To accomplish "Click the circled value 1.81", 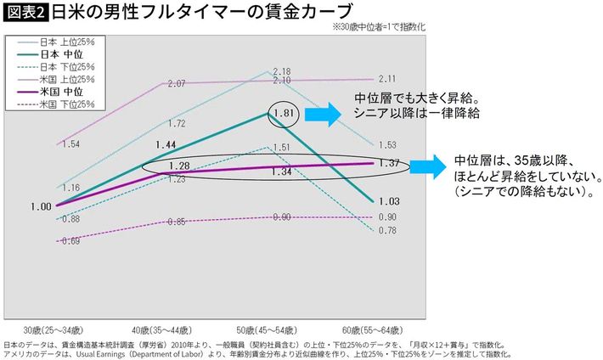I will coord(284,113).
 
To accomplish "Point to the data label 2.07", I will coord(177,83).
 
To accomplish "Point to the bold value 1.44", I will coord(166,145).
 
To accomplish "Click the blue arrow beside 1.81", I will coord(322,114).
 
